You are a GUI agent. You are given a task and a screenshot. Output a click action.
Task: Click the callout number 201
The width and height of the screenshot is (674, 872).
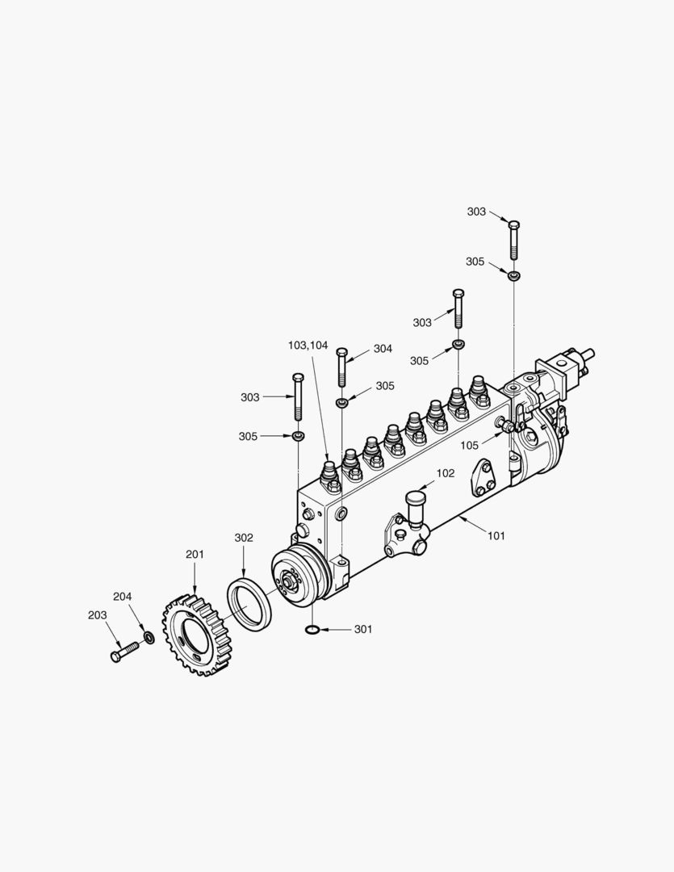click(x=195, y=555)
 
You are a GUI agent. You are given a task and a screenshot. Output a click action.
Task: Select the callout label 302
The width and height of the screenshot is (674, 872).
click(x=244, y=538)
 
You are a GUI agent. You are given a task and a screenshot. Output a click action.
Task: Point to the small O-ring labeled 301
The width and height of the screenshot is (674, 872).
click(x=312, y=630)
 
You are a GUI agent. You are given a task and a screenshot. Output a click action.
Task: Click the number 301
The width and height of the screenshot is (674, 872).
click(x=363, y=630)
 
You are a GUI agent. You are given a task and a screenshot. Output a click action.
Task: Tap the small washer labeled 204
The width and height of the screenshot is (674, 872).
click(x=149, y=636)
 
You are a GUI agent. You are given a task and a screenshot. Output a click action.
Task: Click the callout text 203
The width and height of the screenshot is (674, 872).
click(x=98, y=615)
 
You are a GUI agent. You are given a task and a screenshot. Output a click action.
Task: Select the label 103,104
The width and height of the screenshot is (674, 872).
click(x=308, y=346)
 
